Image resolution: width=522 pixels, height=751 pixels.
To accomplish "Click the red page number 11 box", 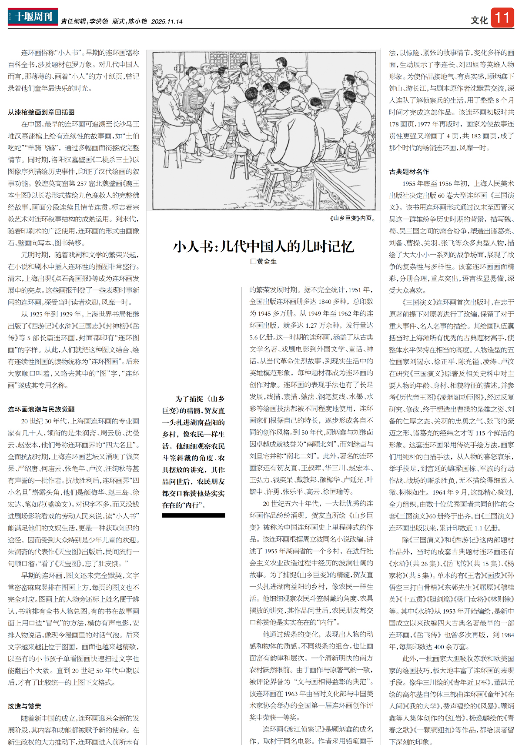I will tap(502, 18).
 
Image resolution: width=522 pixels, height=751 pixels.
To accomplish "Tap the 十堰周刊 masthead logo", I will tap(33, 17).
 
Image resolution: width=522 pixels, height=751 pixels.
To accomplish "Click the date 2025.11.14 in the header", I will tap(167, 21).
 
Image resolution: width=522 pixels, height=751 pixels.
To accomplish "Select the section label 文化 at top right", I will tap(479, 20).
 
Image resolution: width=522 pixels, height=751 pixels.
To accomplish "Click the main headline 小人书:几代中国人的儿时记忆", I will tap(263, 246).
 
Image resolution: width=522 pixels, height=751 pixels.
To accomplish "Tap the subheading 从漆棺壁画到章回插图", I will tap(41, 112).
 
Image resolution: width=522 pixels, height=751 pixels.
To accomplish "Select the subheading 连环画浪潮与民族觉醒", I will tap(41, 409).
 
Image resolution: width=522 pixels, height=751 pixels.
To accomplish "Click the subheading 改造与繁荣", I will tap(24, 706).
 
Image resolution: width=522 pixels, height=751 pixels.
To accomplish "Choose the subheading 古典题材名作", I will tap(409, 172).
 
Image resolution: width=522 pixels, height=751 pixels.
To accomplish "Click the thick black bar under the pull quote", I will tap(193, 515).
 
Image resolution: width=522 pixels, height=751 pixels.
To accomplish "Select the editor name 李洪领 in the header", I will tap(99, 21).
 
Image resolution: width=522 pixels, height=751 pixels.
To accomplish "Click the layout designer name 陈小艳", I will tap(137, 21).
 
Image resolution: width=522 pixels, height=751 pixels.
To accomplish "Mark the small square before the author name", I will tap(253, 262).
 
